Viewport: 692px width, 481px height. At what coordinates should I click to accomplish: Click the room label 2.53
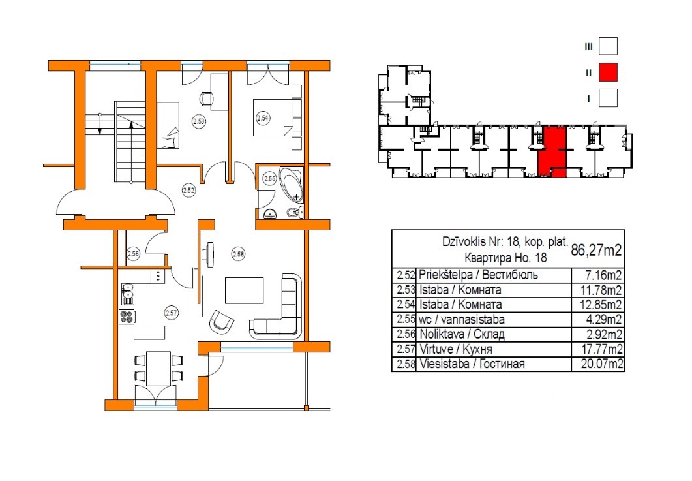[x=199, y=121]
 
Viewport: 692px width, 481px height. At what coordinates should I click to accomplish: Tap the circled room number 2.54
[x=263, y=118]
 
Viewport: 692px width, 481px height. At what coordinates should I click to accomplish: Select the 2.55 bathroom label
[x=269, y=179]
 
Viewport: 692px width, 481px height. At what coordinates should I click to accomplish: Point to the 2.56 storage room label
[x=133, y=253]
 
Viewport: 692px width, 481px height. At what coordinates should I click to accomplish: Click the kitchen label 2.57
[x=171, y=313]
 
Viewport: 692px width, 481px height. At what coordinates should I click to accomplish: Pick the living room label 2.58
[x=238, y=254]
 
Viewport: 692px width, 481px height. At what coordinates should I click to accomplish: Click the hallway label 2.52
[x=188, y=191]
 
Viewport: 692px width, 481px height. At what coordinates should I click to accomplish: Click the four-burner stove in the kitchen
[x=127, y=317]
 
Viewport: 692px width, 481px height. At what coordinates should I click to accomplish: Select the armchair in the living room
[x=222, y=322]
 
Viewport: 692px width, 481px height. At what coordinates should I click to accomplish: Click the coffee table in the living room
[x=244, y=290]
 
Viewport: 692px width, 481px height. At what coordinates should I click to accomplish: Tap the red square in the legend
[x=608, y=72]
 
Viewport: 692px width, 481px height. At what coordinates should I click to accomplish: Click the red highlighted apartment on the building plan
[x=552, y=151]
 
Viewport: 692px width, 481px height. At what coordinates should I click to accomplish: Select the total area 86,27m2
[x=596, y=251]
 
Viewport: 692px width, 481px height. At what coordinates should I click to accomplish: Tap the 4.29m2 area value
[x=604, y=319]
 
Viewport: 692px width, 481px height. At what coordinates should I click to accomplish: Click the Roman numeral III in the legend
[x=588, y=46]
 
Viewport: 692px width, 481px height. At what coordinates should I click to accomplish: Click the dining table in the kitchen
[x=158, y=368]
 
